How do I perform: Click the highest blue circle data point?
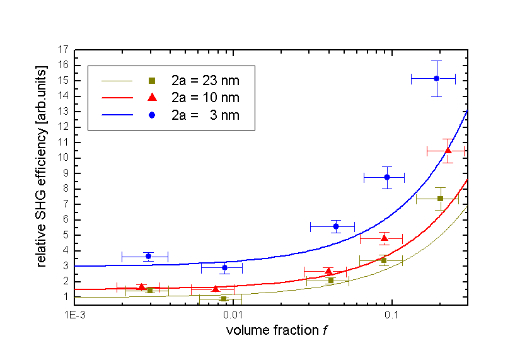[x=436, y=78]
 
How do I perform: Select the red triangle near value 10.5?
[x=448, y=151]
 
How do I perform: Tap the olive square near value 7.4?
[x=440, y=199]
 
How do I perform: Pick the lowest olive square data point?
[x=224, y=298]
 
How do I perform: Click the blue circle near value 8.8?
[x=387, y=177]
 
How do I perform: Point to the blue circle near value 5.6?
[x=336, y=226]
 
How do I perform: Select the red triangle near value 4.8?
[x=385, y=238]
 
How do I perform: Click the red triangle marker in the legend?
[x=151, y=97]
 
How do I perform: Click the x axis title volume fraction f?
[x=271, y=330]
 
